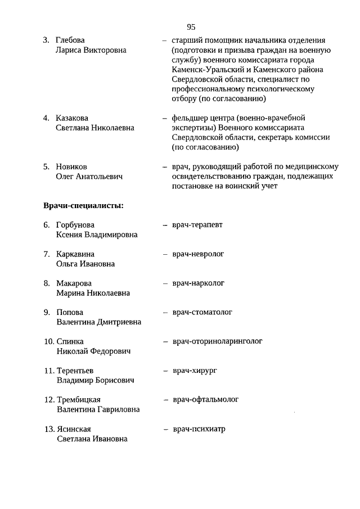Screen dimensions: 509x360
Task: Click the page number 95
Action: tap(191, 27)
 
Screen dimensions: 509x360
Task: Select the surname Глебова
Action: tap(70, 40)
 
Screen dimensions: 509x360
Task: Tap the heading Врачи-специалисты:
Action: tap(83, 205)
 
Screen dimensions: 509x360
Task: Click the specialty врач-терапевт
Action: tap(197, 225)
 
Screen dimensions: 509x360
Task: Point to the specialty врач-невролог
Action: tap(198, 254)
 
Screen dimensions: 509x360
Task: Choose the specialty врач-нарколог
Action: tap(198, 283)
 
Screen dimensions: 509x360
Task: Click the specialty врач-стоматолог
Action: tap(202, 312)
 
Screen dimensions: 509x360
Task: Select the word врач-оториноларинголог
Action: tap(217, 341)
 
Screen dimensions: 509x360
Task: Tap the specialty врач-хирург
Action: tap(195, 371)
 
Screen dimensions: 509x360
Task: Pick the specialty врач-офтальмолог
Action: tap(205, 400)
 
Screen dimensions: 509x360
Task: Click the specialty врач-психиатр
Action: tap(199, 429)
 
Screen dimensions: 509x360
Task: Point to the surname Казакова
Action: tap(72, 119)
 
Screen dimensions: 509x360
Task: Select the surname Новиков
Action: tap(71, 167)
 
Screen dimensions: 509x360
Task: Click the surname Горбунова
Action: tap(75, 225)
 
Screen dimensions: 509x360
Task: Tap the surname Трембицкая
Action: tap(79, 400)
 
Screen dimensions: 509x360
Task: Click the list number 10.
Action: tap(48, 341)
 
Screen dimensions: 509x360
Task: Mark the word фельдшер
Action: tap(190, 118)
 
